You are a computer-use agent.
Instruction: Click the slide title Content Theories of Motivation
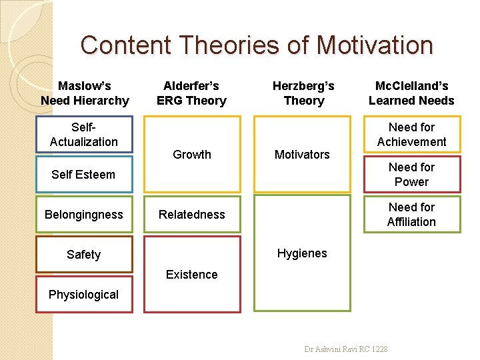[x=257, y=45]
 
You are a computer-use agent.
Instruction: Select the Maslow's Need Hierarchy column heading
[x=85, y=93]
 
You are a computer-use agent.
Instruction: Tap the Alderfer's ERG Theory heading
[x=191, y=93]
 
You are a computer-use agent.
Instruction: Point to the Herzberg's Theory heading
[x=303, y=93]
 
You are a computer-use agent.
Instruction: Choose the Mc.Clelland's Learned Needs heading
[x=411, y=93]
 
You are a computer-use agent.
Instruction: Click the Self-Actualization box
[x=84, y=134]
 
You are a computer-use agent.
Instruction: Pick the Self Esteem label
[x=83, y=175]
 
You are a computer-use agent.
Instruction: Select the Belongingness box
[x=84, y=214]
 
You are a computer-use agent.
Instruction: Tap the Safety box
[x=84, y=254]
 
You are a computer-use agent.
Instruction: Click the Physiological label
[x=84, y=294]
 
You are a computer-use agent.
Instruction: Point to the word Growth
[x=192, y=154]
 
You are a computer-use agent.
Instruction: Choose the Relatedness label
[x=192, y=214]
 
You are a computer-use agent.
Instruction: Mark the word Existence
[x=192, y=274]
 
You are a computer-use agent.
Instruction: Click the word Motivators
[x=302, y=154]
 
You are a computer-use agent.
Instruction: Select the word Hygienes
[x=302, y=253]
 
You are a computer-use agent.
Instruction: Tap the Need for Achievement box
[x=411, y=134]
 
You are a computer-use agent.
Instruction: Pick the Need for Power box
[x=411, y=174]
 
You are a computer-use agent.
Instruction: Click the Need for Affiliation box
[x=411, y=214]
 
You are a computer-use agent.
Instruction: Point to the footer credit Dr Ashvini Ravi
[x=346, y=349]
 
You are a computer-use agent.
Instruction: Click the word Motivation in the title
[x=375, y=45]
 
